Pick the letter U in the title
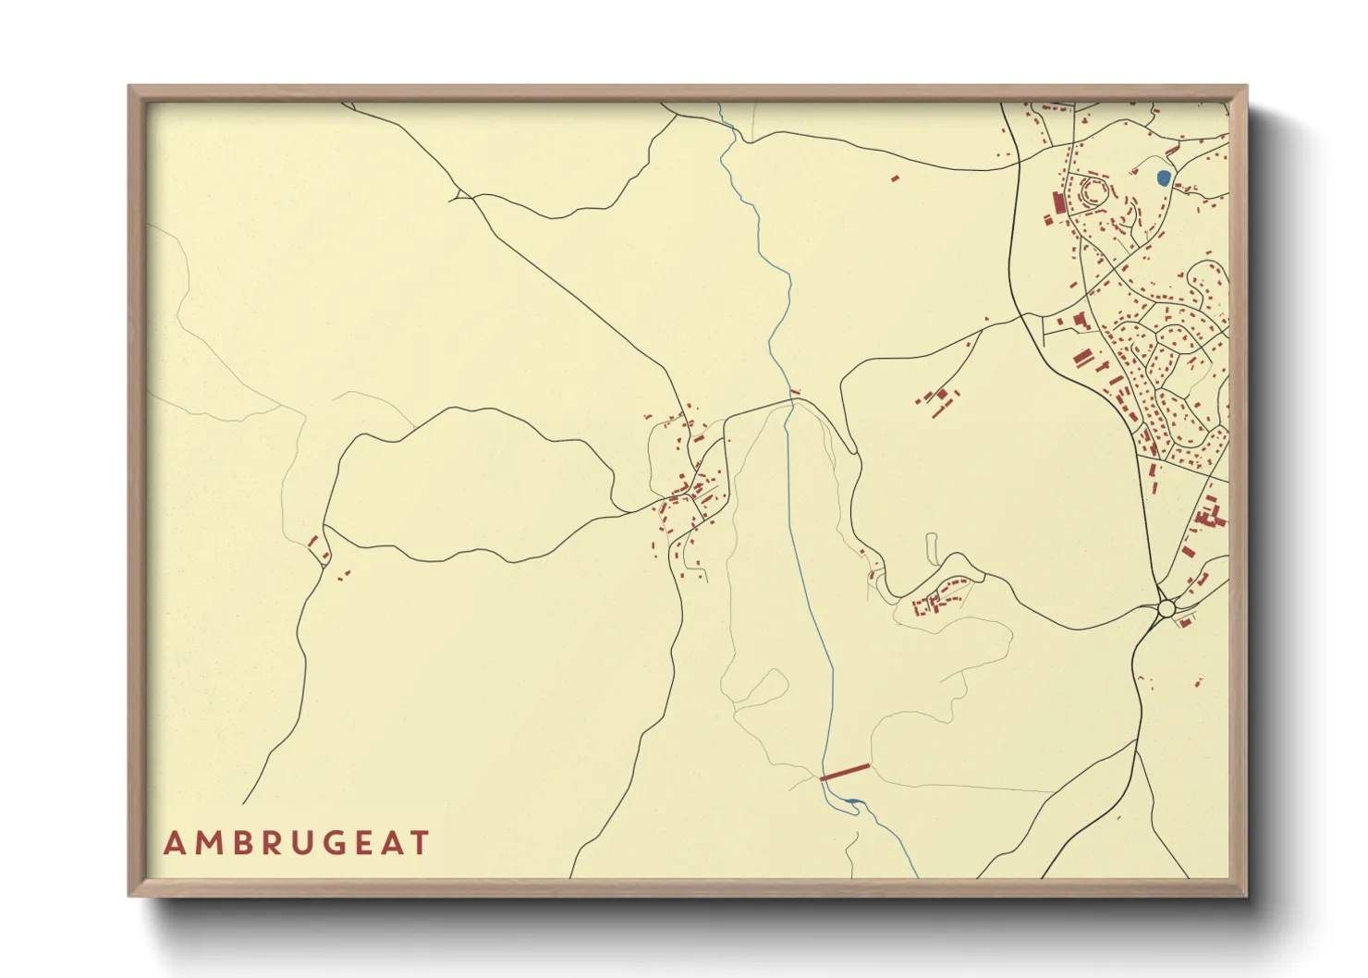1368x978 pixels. (x=299, y=843)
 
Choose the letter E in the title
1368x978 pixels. (x=363, y=843)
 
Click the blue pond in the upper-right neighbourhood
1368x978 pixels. (x=1164, y=177)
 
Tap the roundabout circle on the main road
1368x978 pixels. (x=1166, y=608)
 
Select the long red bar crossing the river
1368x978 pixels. (x=845, y=772)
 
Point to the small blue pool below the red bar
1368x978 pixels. (x=852, y=801)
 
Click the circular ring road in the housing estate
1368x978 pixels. (x=1093, y=191)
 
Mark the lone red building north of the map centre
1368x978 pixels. (x=895, y=177)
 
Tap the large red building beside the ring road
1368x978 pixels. (x=1059, y=203)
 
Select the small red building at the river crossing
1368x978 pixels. (x=794, y=394)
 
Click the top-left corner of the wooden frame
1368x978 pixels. (x=130, y=88)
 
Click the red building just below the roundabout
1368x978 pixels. (x=1182, y=622)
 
